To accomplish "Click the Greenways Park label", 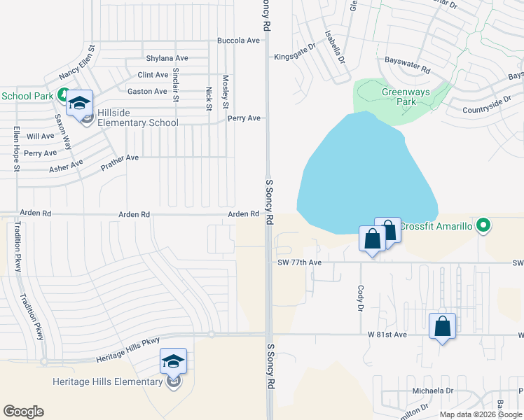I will click(x=399, y=97).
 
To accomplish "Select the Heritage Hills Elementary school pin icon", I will click(x=173, y=363).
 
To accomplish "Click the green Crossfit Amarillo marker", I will click(x=482, y=225).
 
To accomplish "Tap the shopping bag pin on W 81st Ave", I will click(x=443, y=327).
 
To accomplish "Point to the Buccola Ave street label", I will click(x=239, y=41).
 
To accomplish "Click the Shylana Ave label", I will click(x=167, y=58).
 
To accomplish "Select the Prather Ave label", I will click(x=120, y=159).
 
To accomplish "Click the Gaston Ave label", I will click(x=147, y=91).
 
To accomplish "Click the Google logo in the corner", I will click(x=23, y=412).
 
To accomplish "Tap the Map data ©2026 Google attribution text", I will click(x=481, y=414).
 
